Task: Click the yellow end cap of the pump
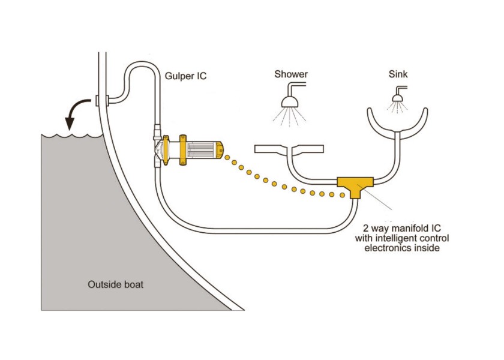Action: [220, 149]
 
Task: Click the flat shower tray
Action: [289, 148]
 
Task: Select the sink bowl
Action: [397, 123]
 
